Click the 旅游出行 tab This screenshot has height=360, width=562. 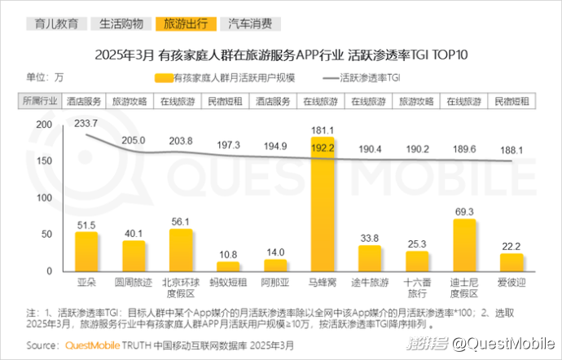(185, 24)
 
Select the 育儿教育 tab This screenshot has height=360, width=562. (57, 24)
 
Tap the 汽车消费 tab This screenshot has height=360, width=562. (250, 24)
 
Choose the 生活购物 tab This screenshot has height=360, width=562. (121, 24)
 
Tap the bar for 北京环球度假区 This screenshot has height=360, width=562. (181, 249)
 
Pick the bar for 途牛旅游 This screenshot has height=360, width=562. (370, 258)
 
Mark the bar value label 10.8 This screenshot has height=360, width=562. (228, 254)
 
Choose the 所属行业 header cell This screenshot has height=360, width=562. (38, 102)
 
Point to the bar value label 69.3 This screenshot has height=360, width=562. (464, 212)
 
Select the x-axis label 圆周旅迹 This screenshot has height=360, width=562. (134, 283)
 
